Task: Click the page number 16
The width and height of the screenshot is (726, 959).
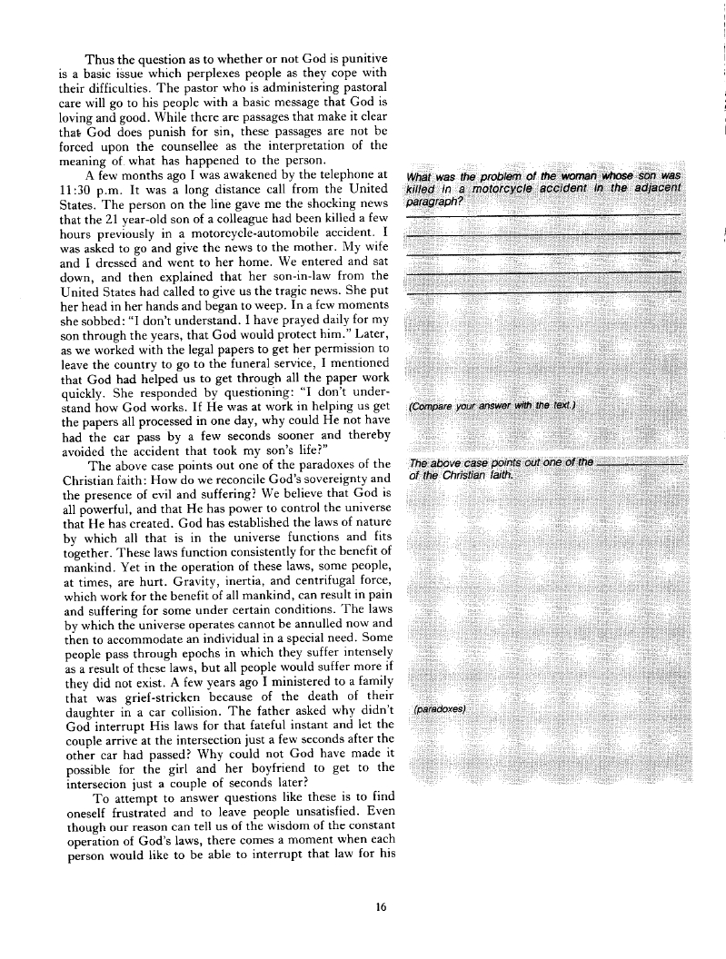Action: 382,905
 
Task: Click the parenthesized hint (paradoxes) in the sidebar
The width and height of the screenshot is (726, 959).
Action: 440,708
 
